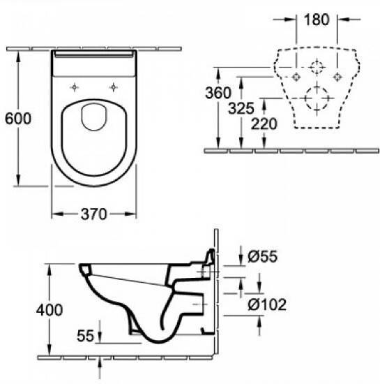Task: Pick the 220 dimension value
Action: pos(264,124)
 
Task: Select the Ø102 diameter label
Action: pos(268,304)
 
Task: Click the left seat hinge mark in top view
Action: pos(74,87)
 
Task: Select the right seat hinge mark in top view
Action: pos(112,87)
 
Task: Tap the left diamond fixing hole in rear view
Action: pos(297,75)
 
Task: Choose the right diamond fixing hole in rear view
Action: pos(338,75)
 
